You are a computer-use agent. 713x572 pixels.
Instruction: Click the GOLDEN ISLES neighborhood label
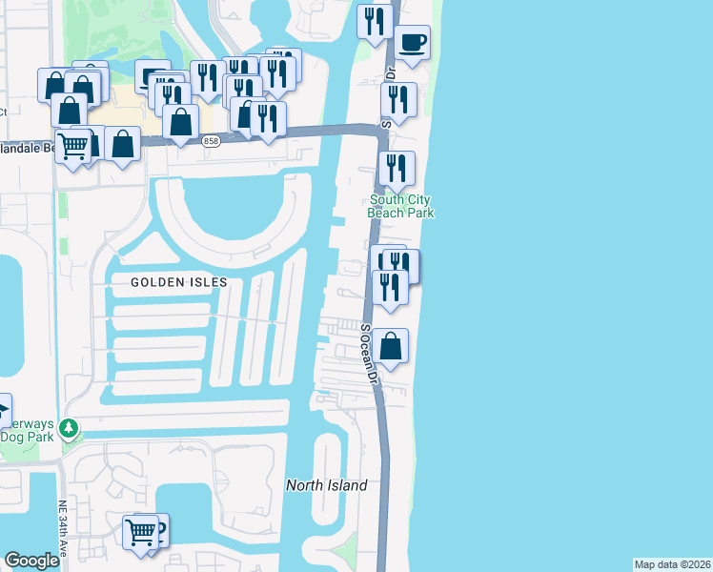click(179, 282)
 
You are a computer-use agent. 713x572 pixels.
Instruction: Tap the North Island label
click(327, 485)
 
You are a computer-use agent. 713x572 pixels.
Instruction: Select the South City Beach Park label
click(400, 206)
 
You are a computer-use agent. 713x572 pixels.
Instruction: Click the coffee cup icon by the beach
click(413, 43)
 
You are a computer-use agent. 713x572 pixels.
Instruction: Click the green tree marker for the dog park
click(69, 428)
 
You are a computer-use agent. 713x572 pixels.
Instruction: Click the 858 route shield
click(211, 141)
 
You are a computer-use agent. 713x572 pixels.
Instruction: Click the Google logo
click(31, 561)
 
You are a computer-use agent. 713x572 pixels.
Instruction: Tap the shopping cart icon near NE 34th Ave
click(141, 530)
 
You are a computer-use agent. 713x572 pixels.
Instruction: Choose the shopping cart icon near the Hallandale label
click(72, 146)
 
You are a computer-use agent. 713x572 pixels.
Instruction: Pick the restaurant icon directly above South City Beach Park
click(396, 168)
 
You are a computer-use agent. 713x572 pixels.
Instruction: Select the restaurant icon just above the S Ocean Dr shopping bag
click(389, 286)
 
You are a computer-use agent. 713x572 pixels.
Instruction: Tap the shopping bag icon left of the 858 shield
click(179, 121)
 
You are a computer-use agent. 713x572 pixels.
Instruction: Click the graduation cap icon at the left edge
click(3, 411)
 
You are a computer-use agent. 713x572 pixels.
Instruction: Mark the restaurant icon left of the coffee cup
click(375, 21)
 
